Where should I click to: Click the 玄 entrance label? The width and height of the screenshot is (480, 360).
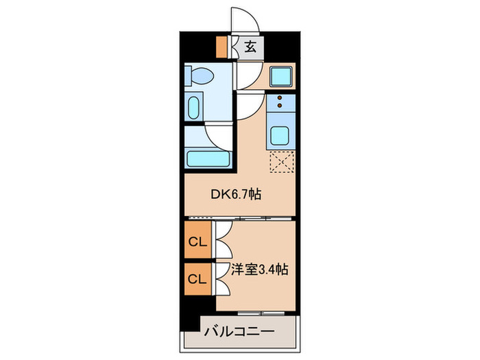[251, 47]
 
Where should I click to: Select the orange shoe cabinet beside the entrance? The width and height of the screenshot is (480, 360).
[221, 46]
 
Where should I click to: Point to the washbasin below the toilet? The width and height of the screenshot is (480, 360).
[193, 108]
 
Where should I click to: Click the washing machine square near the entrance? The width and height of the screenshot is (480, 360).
[281, 76]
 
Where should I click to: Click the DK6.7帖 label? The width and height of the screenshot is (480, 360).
[235, 194]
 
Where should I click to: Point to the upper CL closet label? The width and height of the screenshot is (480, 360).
[197, 241]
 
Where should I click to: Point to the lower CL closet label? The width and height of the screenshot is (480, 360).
[197, 278]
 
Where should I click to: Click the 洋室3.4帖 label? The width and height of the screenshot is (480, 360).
[258, 269]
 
